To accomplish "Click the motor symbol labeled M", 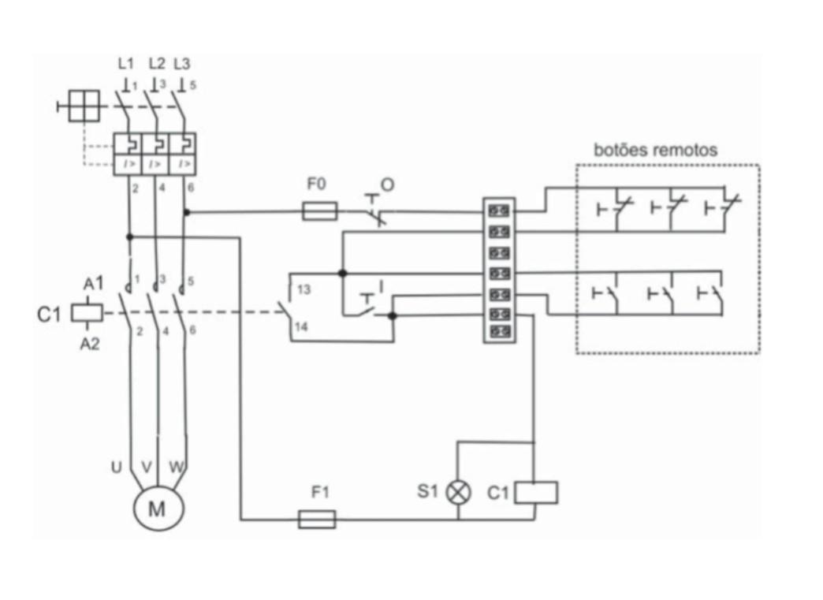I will (158, 509).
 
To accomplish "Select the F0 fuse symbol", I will (320, 211).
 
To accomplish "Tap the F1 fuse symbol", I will (317, 519).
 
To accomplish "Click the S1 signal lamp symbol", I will (459, 493).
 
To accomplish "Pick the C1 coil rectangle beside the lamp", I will (536, 493).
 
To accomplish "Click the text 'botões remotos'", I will (655, 150).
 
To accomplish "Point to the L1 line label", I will (125, 64).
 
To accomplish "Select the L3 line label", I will (181, 64).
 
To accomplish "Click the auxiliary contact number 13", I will (304, 290).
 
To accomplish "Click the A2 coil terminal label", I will (91, 344).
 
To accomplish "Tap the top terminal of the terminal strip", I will (499, 211).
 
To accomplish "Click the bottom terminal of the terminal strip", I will (499, 332).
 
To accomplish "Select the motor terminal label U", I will (116, 468).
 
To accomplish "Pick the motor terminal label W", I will (177, 468).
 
